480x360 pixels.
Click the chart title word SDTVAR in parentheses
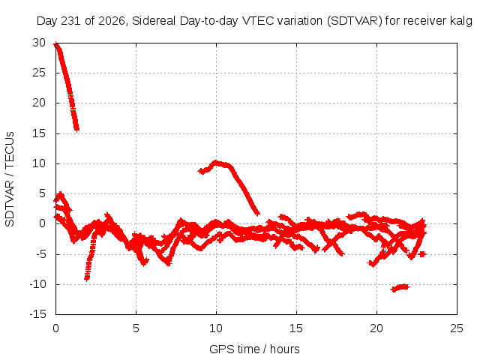pyautogui.click(x=355, y=21)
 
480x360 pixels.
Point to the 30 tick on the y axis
pyautogui.click(x=39, y=43)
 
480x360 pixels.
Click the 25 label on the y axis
pyautogui.click(x=39, y=73)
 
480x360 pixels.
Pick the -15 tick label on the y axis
pyautogui.click(x=38, y=313)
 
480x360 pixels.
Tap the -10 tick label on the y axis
pyautogui.click(x=38, y=283)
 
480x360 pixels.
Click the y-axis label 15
pyautogui.click(x=39, y=133)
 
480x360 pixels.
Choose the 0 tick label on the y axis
pyautogui.click(x=42, y=223)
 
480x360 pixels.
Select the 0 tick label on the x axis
pyautogui.click(x=55, y=328)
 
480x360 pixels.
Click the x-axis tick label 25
pyautogui.click(x=457, y=328)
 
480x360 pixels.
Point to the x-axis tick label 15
pyautogui.click(x=296, y=328)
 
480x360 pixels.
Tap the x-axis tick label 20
pyautogui.click(x=376, y=328)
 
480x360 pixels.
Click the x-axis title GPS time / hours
pyautogui.click(x=254, y=349)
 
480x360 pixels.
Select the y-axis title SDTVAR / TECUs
pyautogui.click(x=10, y=179)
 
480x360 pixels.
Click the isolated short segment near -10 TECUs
pyautogui.click(x=400, y=288)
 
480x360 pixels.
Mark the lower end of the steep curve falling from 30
pyautogui.click(x=76, y=129)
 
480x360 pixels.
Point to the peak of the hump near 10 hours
pyautogui.click(x=216, y=162)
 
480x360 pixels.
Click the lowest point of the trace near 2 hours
pyautogui.click(x=87, y=278)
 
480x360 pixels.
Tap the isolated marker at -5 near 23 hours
pyautogui.click(x=422, y=254)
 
